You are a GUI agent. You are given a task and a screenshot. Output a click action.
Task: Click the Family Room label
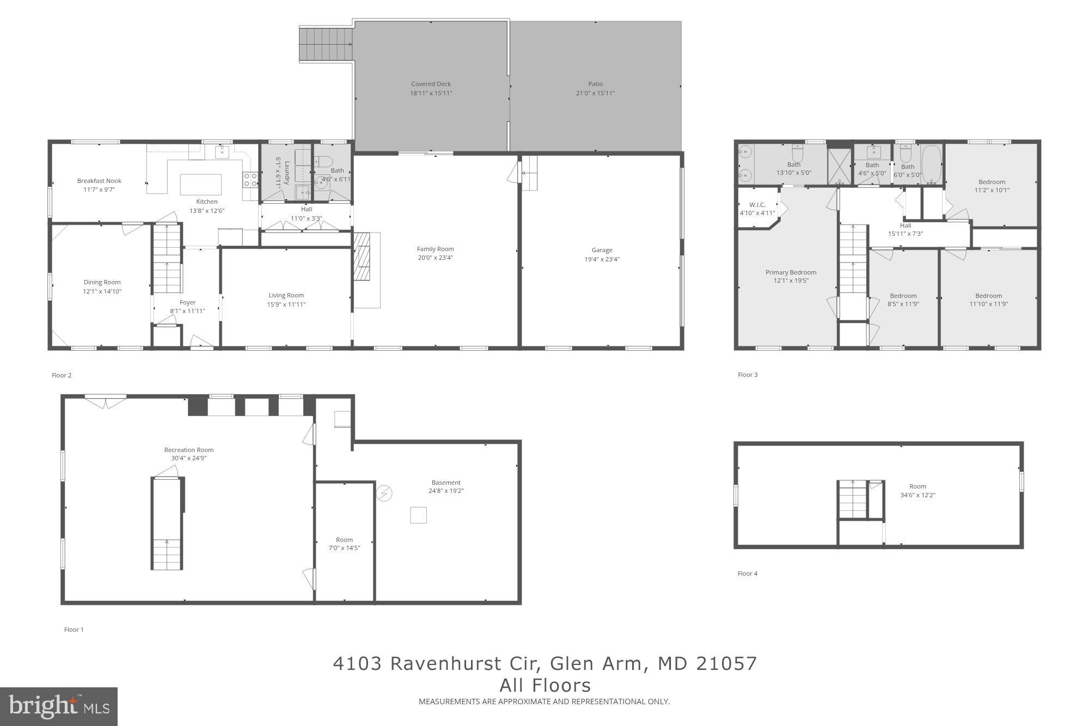tap(435, 249)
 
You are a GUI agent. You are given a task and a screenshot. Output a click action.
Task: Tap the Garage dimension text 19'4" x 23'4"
tap(602, 259)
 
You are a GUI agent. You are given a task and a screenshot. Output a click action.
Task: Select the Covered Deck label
tap(431, 84)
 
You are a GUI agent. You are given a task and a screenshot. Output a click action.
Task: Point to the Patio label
tap(595, 84)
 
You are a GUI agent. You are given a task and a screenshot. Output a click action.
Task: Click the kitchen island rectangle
tap(201, 184)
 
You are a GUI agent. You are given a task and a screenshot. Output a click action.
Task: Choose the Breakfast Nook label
tap(99, 181)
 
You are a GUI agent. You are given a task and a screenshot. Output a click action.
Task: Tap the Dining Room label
tap(102, 282)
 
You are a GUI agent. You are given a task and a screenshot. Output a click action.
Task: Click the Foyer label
tap(187, 302)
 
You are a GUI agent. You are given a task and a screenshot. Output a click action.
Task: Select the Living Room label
tap(286, 295)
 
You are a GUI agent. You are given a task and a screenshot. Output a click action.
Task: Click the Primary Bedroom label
tap(791, 272)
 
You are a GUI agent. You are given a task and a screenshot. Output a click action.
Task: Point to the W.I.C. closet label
tap(757, 205)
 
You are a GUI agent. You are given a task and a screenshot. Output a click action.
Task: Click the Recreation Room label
tap(188, 450)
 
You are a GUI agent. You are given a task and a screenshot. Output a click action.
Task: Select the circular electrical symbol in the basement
tap(384, 493)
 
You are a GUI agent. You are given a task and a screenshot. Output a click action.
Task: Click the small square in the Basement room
tap(418, 515)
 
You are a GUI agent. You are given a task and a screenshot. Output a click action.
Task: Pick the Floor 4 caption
tap(747, 574)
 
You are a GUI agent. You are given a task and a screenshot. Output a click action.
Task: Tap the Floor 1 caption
tap(74, 630)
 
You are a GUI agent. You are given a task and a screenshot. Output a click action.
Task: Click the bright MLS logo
tap(59, 706)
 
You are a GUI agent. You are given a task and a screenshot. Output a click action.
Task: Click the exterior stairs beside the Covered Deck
tap(326, 45)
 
